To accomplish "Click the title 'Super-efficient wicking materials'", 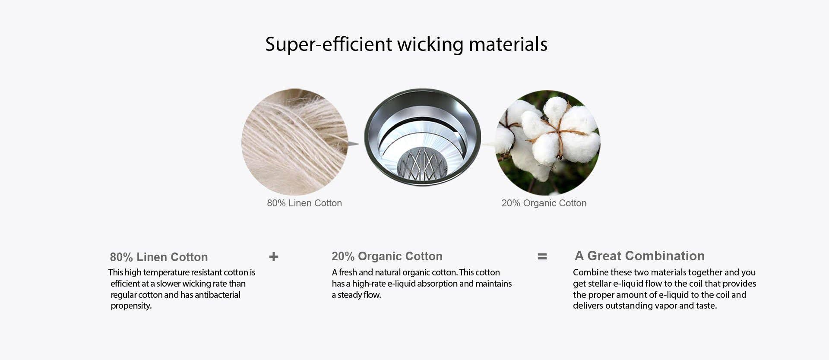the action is tap(406, 44).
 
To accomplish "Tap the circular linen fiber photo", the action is tap(294, 142).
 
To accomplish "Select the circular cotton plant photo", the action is tap(547, 142).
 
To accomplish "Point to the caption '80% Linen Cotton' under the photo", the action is tap(304, 203).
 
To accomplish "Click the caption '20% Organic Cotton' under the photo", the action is tap(544, 203).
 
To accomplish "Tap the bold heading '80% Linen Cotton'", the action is tap(159, 257).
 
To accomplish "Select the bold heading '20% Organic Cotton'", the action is tap(387, 256).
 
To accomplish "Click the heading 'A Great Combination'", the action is tap(639, 256).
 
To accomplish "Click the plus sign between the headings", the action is tap(274, 257).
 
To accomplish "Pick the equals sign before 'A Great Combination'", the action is tap(542, 256).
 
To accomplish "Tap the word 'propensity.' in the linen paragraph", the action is tap(131, 306).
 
